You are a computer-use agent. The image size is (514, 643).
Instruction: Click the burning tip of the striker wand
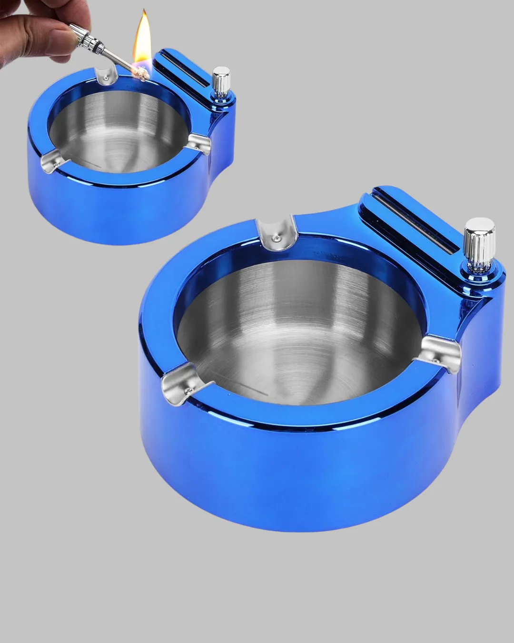pyautogui.click(x=141, y=73)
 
